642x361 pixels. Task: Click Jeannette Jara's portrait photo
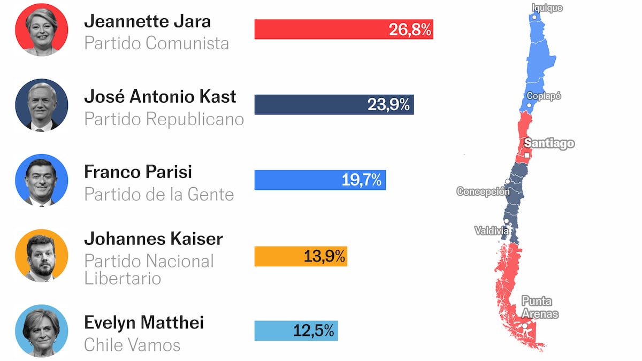(x=42, y=29)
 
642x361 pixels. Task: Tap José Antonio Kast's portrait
(x=42, y=105)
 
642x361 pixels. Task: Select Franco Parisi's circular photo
(x=42, y=180)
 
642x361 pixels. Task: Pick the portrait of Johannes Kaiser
(x=42, y=256)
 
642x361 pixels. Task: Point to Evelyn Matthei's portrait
(x=42, y=331)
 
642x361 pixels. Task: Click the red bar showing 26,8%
(x=343, y=29)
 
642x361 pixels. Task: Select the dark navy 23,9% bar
(x=334, y=105)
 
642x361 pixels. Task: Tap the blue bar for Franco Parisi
(x=320, y=180)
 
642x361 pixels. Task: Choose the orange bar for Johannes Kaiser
(x=301, y=256)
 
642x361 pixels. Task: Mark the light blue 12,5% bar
(x=296, y=331)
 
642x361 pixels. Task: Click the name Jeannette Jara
(x=148, y=21)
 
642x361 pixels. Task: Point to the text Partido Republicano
(x=164, y=119)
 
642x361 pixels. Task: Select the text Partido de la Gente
(x=159, y=194)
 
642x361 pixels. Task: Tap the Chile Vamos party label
(x=132, y=345)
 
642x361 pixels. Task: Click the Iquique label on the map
(x=547, y=7)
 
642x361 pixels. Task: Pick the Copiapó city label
(x=544, y=96)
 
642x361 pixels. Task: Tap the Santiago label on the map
(x=549, y=143)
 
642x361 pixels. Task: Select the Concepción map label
(x=483, y=191)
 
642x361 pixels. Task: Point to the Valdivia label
(x=492, y=231)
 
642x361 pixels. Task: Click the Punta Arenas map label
(x=540, y=308)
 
